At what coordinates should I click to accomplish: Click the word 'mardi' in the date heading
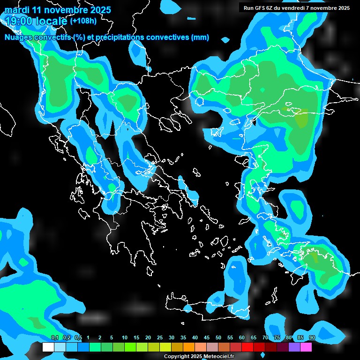click(x=17, y=10)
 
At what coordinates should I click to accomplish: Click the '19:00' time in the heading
click(x=19, y=21)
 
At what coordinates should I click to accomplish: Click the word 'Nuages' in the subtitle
click(x=19, y=37)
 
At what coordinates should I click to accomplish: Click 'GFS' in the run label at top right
click(x=261, y=8)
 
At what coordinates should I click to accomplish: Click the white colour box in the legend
click(x=48, y=347)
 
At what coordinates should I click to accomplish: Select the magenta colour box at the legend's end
click(x=306, y=347)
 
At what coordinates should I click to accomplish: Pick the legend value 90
click(x=312, y=337)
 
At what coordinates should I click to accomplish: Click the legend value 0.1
click(x=54, y=337)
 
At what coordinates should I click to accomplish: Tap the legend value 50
click(x=218, y=337)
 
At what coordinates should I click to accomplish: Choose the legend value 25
click(x=160, y=337)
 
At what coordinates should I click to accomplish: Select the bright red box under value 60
click(x=247, y=347)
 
